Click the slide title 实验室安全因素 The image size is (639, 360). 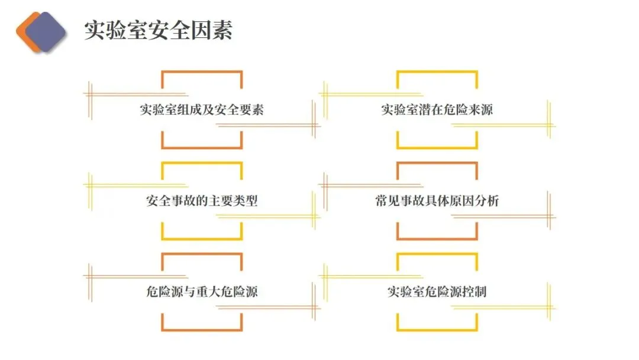pyautogui.click(x=158, y=30)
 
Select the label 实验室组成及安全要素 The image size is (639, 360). pyautogui.click(x=202, y=110)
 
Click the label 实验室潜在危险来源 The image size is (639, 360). pyautogui.click(x=437, y=110)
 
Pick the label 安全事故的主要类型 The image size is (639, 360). pyautogui.click(x=202, y=201)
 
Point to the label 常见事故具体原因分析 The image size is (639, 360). pyautogui.click(x=437, y=201)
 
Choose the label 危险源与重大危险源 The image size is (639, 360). pyautogui.click(x=202, y=291)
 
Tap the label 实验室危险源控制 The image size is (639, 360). pyautogui.click(x=437, y=291)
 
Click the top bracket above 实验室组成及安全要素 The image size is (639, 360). pyautogui.click(x=202, y=72)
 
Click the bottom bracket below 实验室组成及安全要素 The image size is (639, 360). pyautogui.click(x=202, y=147)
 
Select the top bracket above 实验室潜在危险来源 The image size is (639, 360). pyautogui.click(x=437, y=72)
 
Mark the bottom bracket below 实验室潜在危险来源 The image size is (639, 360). pyautogui.click(x=437, y=147)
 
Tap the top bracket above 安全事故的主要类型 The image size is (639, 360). pyautogui.click(x=202, y=163)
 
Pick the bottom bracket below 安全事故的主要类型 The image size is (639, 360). pyautogui.click(x=202, y=239)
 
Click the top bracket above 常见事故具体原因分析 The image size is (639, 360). pyautogui.click(x=437, y=163)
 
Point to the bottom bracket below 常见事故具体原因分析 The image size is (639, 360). pyautogui.click(x=437, y=239)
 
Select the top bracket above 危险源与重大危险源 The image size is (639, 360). pyautogui.click(x=202, y=254)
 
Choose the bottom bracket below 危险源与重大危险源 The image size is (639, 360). pyautogui.click(x=202, y=330)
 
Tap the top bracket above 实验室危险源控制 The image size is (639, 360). pyautogui.click(x=437, y=254)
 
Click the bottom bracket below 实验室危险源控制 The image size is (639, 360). pyautogui.click(x=437, y=330)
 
